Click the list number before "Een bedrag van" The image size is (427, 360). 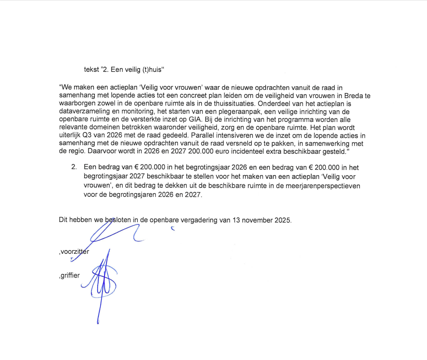click(x=74, y=168)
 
